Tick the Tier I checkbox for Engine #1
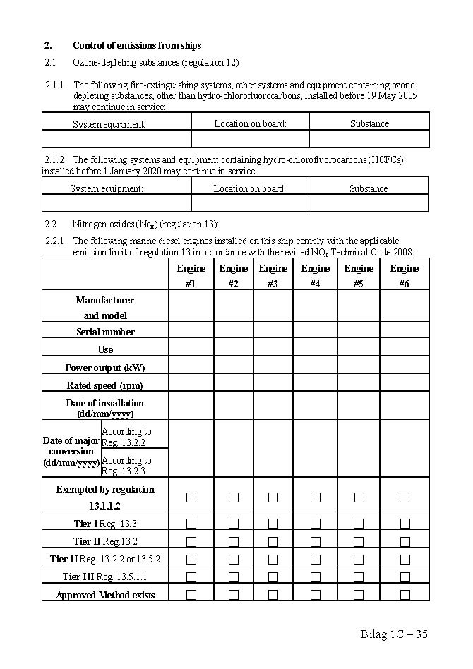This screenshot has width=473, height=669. (191, 524)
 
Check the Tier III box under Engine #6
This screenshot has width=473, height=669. (405, 577)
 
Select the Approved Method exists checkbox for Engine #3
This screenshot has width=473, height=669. (273, 595)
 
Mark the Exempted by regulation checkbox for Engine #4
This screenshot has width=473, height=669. (316, 498)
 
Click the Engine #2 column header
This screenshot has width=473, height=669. (234, 276)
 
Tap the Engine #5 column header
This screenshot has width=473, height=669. (359, 276)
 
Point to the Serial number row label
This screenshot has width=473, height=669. (105, 332)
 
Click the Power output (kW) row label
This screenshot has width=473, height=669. (105, 368)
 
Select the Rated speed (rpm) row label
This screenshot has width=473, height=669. (105, 385)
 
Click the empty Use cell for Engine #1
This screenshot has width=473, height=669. (191, 349)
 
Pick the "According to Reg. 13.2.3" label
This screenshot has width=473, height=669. (126, 465)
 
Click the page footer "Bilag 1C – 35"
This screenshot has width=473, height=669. (393, 634)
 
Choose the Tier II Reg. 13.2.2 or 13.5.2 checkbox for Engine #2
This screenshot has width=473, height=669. (234, 560)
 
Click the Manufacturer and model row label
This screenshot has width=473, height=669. (105, 308)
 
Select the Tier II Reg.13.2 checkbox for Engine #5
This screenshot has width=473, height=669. (359, 542)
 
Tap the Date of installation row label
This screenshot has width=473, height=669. (105, 408)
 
